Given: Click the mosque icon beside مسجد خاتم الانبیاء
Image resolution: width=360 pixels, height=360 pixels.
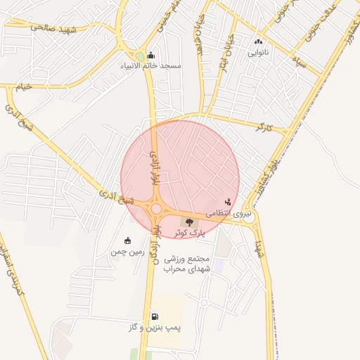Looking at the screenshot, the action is [150, 56].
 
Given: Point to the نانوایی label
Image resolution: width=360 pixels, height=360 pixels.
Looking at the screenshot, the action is [258, 52].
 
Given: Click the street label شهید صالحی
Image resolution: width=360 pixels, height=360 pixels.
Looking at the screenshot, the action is [53, 29].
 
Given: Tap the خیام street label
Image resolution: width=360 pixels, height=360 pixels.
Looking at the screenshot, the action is [25, 86].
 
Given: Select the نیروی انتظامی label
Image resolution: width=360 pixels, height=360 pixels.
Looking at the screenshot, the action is [227, 212].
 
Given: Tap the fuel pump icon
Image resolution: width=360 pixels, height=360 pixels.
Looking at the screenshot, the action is [155, 317].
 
